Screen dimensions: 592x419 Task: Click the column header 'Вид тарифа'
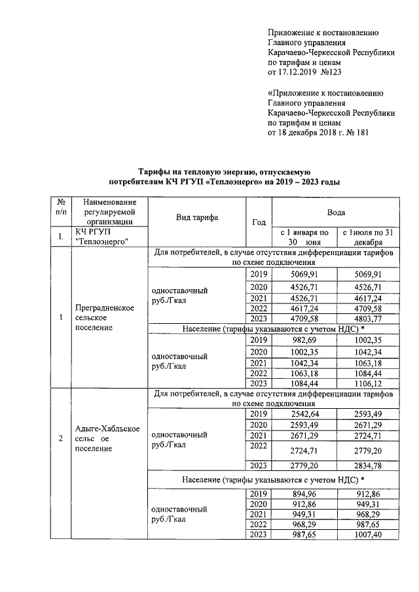(x=196, y=218)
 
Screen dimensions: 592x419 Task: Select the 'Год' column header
(x=259, y=222)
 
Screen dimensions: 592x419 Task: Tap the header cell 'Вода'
(x=337, y=213)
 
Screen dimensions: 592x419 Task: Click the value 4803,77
(x=367, y=319)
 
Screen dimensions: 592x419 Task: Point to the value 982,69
(x=304, y=340)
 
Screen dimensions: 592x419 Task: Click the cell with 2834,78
(x=367, y=465)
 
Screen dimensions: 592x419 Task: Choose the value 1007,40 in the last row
(x=367, y=534)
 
